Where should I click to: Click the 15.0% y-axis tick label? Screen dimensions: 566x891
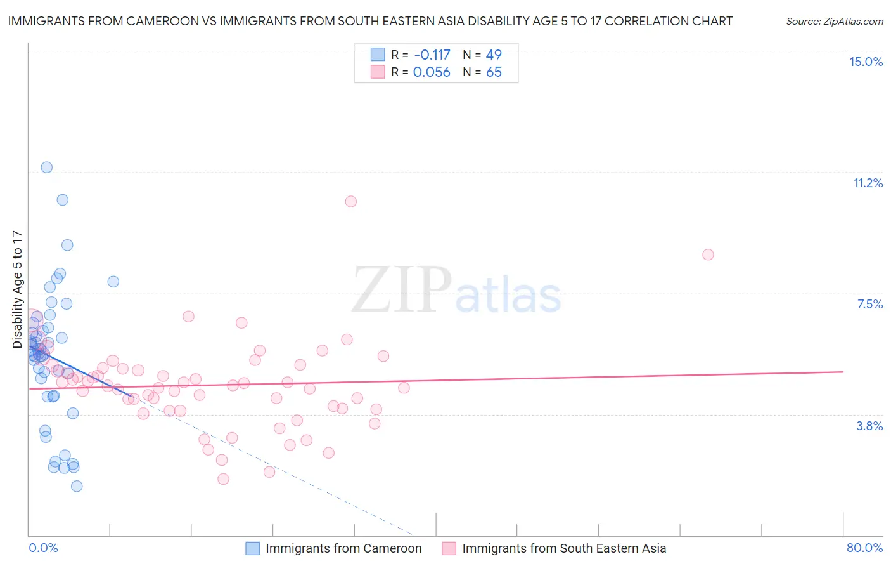tap(866, 62)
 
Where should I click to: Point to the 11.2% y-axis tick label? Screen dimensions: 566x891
tap(868, 183)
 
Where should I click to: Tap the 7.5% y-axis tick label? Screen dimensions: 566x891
tap(869, 304)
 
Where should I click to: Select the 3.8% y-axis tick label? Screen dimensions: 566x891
tap(869, 426)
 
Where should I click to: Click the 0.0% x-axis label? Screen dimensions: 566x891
tap(43, 548)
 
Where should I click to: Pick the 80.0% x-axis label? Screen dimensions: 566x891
tap(864, 548)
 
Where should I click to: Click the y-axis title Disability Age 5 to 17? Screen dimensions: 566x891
tap(17, 289)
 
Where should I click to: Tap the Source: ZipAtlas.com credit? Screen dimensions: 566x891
tap(834, 22)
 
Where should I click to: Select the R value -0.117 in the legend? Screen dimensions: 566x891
tap(432, 55)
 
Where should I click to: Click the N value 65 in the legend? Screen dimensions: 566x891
tap(494, 72)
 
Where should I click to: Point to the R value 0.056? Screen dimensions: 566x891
tap(432, 72)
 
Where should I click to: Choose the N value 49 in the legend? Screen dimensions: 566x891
tap(494, 55)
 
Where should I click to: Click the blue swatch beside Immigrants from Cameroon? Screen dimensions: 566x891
tap(252, 548)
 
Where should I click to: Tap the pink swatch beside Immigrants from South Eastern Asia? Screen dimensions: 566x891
tap(449, 548)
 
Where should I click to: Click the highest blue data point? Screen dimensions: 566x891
tap(46, 168)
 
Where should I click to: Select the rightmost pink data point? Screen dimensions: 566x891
tap(708, 254)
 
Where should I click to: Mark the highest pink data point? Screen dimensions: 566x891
tap(350, 201)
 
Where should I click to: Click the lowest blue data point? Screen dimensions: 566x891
tap(77, 486)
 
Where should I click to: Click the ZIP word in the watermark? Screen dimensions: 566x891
tap(402, 291)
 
